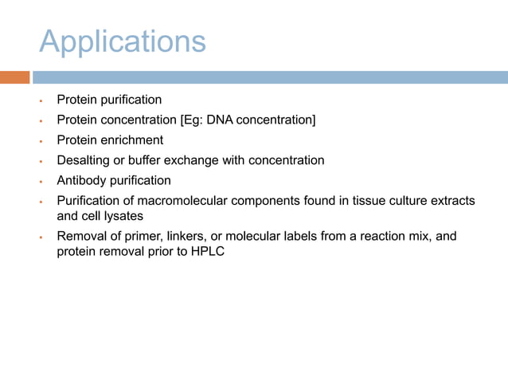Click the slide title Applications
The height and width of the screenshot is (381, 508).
[x=122, y=41]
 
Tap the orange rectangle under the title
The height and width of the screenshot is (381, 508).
[x=14, y=77]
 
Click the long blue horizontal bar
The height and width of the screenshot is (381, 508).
[x=270, y=77]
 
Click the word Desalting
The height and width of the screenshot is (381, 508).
[x=84, y=160]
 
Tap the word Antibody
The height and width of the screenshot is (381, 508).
[x=82, y=180]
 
